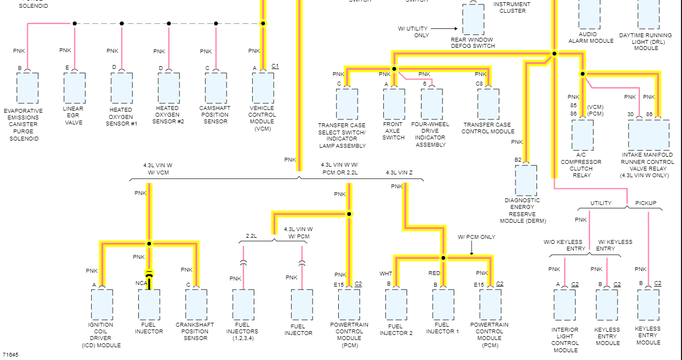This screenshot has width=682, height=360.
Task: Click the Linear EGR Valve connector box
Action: (x=74, y=88)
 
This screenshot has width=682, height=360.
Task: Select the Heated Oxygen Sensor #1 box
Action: (x=122, y=88)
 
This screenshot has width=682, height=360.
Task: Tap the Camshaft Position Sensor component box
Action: (x=215, y=88)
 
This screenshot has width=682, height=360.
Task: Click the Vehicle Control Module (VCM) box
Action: (x=263, y=88)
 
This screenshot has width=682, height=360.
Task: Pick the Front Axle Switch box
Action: (x=394, y=104)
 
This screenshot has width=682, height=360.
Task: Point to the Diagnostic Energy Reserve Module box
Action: (x=526, y=180)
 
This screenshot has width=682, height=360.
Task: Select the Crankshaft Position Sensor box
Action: (x=196, y=304)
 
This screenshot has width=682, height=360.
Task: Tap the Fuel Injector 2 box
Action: (x=396, y=304)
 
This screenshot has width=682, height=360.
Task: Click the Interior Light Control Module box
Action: (x=565, y=305)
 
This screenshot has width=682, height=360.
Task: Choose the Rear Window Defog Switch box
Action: (x=473, y=20)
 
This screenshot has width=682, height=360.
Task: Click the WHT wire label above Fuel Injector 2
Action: (x=385, y=273)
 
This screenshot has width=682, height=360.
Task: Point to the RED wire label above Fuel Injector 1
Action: (x=434, y=273)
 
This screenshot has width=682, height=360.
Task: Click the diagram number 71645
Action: (x=10, y=354)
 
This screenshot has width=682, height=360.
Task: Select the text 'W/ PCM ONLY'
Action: (x=476, y=237)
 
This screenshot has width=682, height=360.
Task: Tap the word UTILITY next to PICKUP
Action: (x=600, y=203)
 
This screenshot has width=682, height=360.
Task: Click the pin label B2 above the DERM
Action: (x=518, y=160)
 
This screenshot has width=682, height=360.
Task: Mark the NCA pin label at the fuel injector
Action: (x=141, y=283)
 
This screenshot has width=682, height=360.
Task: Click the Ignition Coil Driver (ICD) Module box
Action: (x=102, y=304)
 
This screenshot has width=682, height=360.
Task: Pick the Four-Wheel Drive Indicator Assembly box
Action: (x=432, y=104)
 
